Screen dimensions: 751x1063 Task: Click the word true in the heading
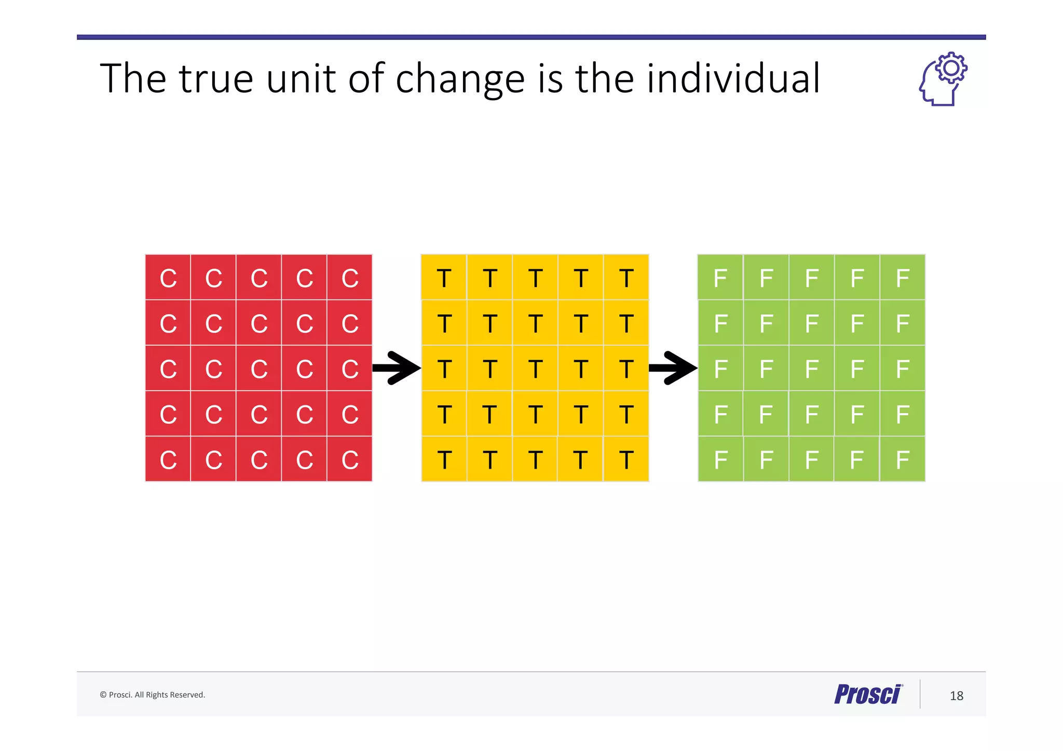click(x=216, y=79)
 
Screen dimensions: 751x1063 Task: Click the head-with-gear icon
click(x=942, y=79)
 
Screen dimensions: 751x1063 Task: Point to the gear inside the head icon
click(x=951, y=68)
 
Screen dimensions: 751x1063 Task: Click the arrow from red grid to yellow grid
click(x=397, y=368)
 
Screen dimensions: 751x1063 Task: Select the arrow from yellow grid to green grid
click(x=673, y=368)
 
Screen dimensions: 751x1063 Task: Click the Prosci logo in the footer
click(x=868, y=694)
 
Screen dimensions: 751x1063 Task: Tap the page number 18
click(x=956, y=695)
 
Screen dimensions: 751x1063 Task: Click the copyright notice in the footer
click(x=153, y=695)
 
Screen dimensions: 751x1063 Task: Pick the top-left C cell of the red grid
click(x=168, y=278)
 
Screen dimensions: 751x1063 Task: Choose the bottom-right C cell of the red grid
click(x=349, y=459)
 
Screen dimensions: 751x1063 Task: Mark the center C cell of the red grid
click(x=258, y=368)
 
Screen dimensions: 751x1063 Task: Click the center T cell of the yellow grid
click(x=535, y=368)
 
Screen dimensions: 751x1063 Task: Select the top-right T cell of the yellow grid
click(x=626, y=278)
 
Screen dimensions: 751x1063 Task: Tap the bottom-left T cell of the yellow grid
click(x=444, y=459)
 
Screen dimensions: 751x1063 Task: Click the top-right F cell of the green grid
click(x=902, y=278)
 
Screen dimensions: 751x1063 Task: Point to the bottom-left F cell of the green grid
click(x=720, y=459)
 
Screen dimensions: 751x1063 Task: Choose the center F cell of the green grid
click(x=811, y=368)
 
